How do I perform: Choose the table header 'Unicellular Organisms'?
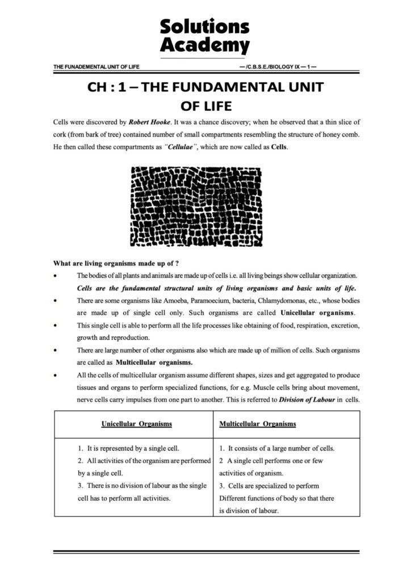point(137,424)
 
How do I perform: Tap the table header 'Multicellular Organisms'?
point(257,424)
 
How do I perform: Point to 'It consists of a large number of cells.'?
point(282,448)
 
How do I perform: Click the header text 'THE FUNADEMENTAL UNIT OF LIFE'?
point(96,66)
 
